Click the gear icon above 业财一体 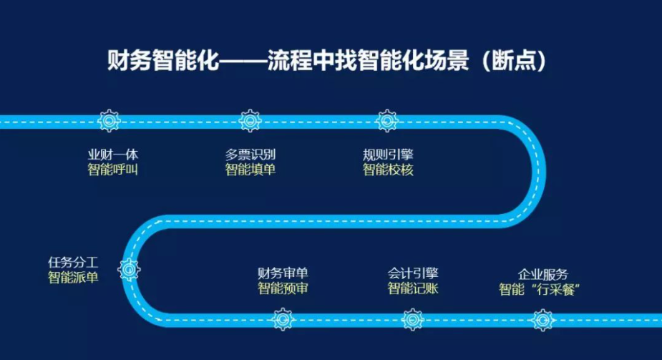[x=109, y=121]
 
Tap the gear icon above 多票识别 [x=250, y=121]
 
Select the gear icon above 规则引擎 [x=386, y=121]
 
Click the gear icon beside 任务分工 [x=129, y=270]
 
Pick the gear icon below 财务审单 [x=283, y=319]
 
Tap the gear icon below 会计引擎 [x=412, y=319]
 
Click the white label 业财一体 [x=113, y=155]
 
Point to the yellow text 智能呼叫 [x=113, y=170]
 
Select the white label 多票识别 [x=250, y=155]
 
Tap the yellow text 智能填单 [x=250, y=170]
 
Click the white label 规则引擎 [x=388, y=155]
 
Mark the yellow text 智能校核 [x=388, y=170]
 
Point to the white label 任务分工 [x=73, y=263]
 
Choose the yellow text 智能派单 [x=73, y=278]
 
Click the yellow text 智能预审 [x=283, y=288]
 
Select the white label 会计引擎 [x=413, y=273]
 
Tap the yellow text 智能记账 [x=413, y=288]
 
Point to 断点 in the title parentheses [x=514, y=61]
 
